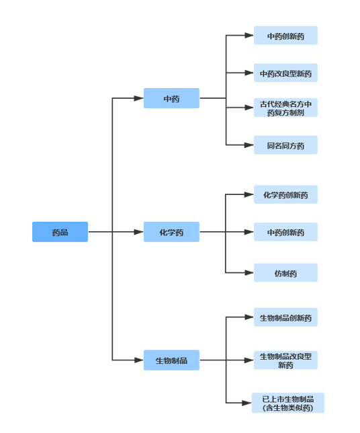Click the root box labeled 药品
(x=60, y=232)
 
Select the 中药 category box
(x=171, y=98)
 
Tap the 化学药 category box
(x=171, y=232)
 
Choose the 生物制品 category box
(x=171, y=360)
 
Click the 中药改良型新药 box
(x=285, y=73)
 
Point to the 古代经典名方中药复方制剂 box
(x=285, y=108)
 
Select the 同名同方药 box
(x=285, y=145)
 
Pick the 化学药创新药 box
(x=285, y=194)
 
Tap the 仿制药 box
(x=285, y=272)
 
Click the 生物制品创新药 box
(x=285, y=317)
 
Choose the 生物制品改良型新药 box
(x=285, y=360)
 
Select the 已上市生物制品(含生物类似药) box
(x=287, y=403)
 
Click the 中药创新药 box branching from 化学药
(x=285, y=232)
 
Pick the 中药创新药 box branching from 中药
(x=285, y=36)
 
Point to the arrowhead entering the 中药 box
(x=139, y=98)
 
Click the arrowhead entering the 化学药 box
(x=139, y=232)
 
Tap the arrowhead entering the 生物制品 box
(x=139, y=360)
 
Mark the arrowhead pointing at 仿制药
(x=249, y=272)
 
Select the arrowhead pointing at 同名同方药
(x=249, y=145)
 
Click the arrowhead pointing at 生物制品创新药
(x=249, y=317)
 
